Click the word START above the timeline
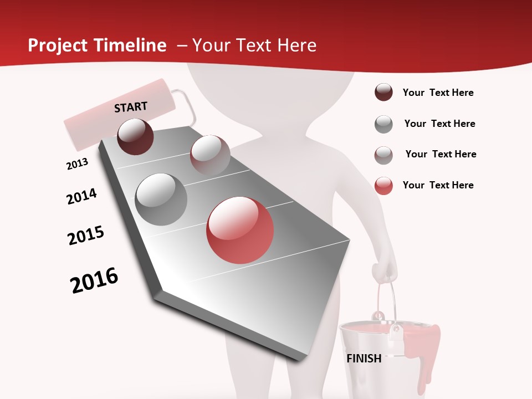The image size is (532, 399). [131, 107]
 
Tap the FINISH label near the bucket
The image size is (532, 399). [364, 359]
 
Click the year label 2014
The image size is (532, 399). [81, 196]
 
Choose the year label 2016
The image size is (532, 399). [94, 280]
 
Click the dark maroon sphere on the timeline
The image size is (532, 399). [135, 136]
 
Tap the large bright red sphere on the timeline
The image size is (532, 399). [240, 230]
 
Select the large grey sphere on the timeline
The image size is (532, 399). [161, 199]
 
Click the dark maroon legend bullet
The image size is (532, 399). [383, 93]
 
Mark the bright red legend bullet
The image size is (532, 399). [383, 186]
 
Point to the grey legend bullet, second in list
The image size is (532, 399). [383, 124]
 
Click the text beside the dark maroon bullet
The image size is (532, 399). [438, 93]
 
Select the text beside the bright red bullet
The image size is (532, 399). [438, 185]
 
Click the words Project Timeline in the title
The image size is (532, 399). [97, 45]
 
